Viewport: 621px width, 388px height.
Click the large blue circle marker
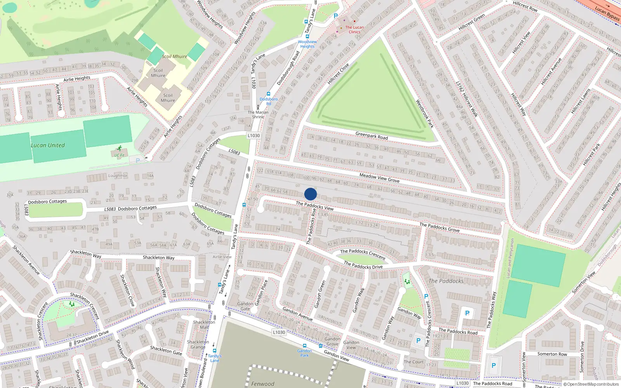point(310,194)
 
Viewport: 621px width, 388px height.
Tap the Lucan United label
point(48,145)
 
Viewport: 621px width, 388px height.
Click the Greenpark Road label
point(371,135)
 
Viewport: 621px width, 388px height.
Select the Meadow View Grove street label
point(379,178)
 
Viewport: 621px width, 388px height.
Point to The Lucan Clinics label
point(354,29)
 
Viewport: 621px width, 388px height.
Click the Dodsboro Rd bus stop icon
point(268,94)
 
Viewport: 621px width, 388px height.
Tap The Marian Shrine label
point(258,114)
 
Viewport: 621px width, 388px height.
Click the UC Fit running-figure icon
point(119,148)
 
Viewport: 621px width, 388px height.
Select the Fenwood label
point(262,384)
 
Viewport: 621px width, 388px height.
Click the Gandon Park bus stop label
point(305,353)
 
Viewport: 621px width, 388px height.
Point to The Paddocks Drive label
point(363,266)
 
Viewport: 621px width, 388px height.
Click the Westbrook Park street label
point(425,114)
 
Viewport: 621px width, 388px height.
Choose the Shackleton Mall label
point(204,325)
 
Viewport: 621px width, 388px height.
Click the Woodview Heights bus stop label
point(307,44)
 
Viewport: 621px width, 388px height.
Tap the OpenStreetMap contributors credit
point(591,384)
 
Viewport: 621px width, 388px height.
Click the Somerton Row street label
point(552,354)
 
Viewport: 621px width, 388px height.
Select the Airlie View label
point(222,256)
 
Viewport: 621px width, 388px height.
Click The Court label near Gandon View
point(413,362)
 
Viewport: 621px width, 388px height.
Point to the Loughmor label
point(118,176)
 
